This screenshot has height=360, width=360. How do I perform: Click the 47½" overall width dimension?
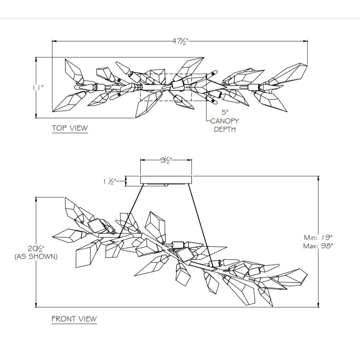coord(180,41)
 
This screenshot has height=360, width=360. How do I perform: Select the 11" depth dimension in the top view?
coord(38,88)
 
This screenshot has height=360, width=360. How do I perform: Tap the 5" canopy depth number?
coord(225,112)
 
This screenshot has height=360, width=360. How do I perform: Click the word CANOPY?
coord(224,121)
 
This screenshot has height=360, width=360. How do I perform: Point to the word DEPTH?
coord(225,129)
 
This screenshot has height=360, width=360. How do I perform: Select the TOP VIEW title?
coord(70,128)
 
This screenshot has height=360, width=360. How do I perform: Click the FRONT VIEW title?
coord(74,319)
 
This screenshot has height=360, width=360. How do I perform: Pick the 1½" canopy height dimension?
coord(110,181)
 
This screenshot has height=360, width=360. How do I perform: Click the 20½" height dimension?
coord(36,248)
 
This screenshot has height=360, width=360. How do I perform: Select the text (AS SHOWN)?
coord(36,256)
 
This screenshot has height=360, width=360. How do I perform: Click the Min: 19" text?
coord(318,237)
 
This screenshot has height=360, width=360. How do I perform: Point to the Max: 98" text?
coord(318,246)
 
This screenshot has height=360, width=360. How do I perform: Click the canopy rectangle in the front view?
coord(166,180)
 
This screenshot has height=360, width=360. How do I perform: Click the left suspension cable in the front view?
coord(132,210)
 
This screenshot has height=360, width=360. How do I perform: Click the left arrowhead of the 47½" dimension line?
coord(54,41)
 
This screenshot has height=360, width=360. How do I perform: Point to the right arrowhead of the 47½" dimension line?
coord(305,41)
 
